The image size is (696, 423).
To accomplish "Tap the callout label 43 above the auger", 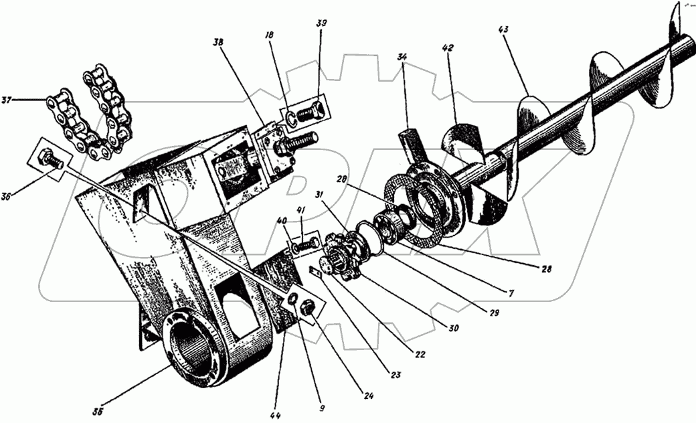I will [x=503, y=30].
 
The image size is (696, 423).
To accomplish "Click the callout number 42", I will [x=448, y=48].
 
